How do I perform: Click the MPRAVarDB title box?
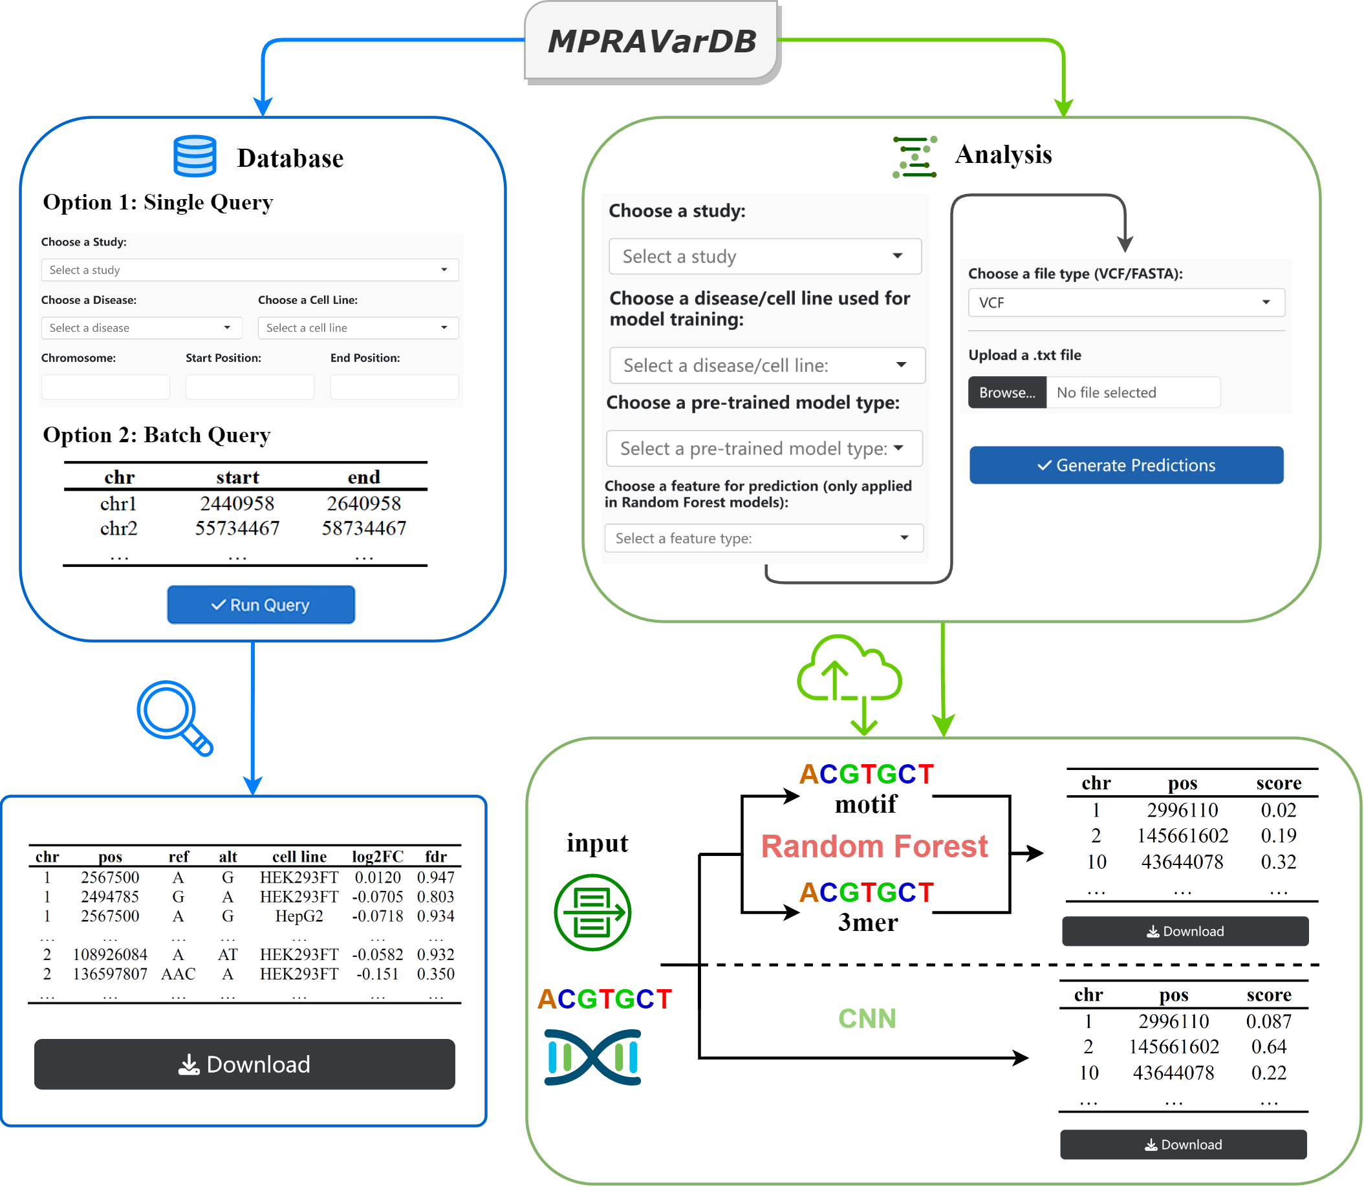pos(651,41)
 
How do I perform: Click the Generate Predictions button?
pos(1125,465)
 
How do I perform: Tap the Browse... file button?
pos(1006,393)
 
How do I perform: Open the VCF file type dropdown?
pos(1125,303)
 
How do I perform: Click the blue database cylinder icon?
pos(195,156)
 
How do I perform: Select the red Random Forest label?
pos(874,846)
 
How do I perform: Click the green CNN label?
pos(867,1019)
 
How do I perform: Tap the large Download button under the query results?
pos(244,1064)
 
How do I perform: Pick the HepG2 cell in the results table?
pos(299,916)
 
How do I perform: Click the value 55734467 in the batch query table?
pos(237,529)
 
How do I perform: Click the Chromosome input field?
pos(105,387)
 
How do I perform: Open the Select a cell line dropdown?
pos(358,328)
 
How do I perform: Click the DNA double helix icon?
pos(592,1057)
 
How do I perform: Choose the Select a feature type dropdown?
pos(763,539)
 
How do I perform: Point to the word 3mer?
pos(867,923)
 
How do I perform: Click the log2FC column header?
pos(377,857)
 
